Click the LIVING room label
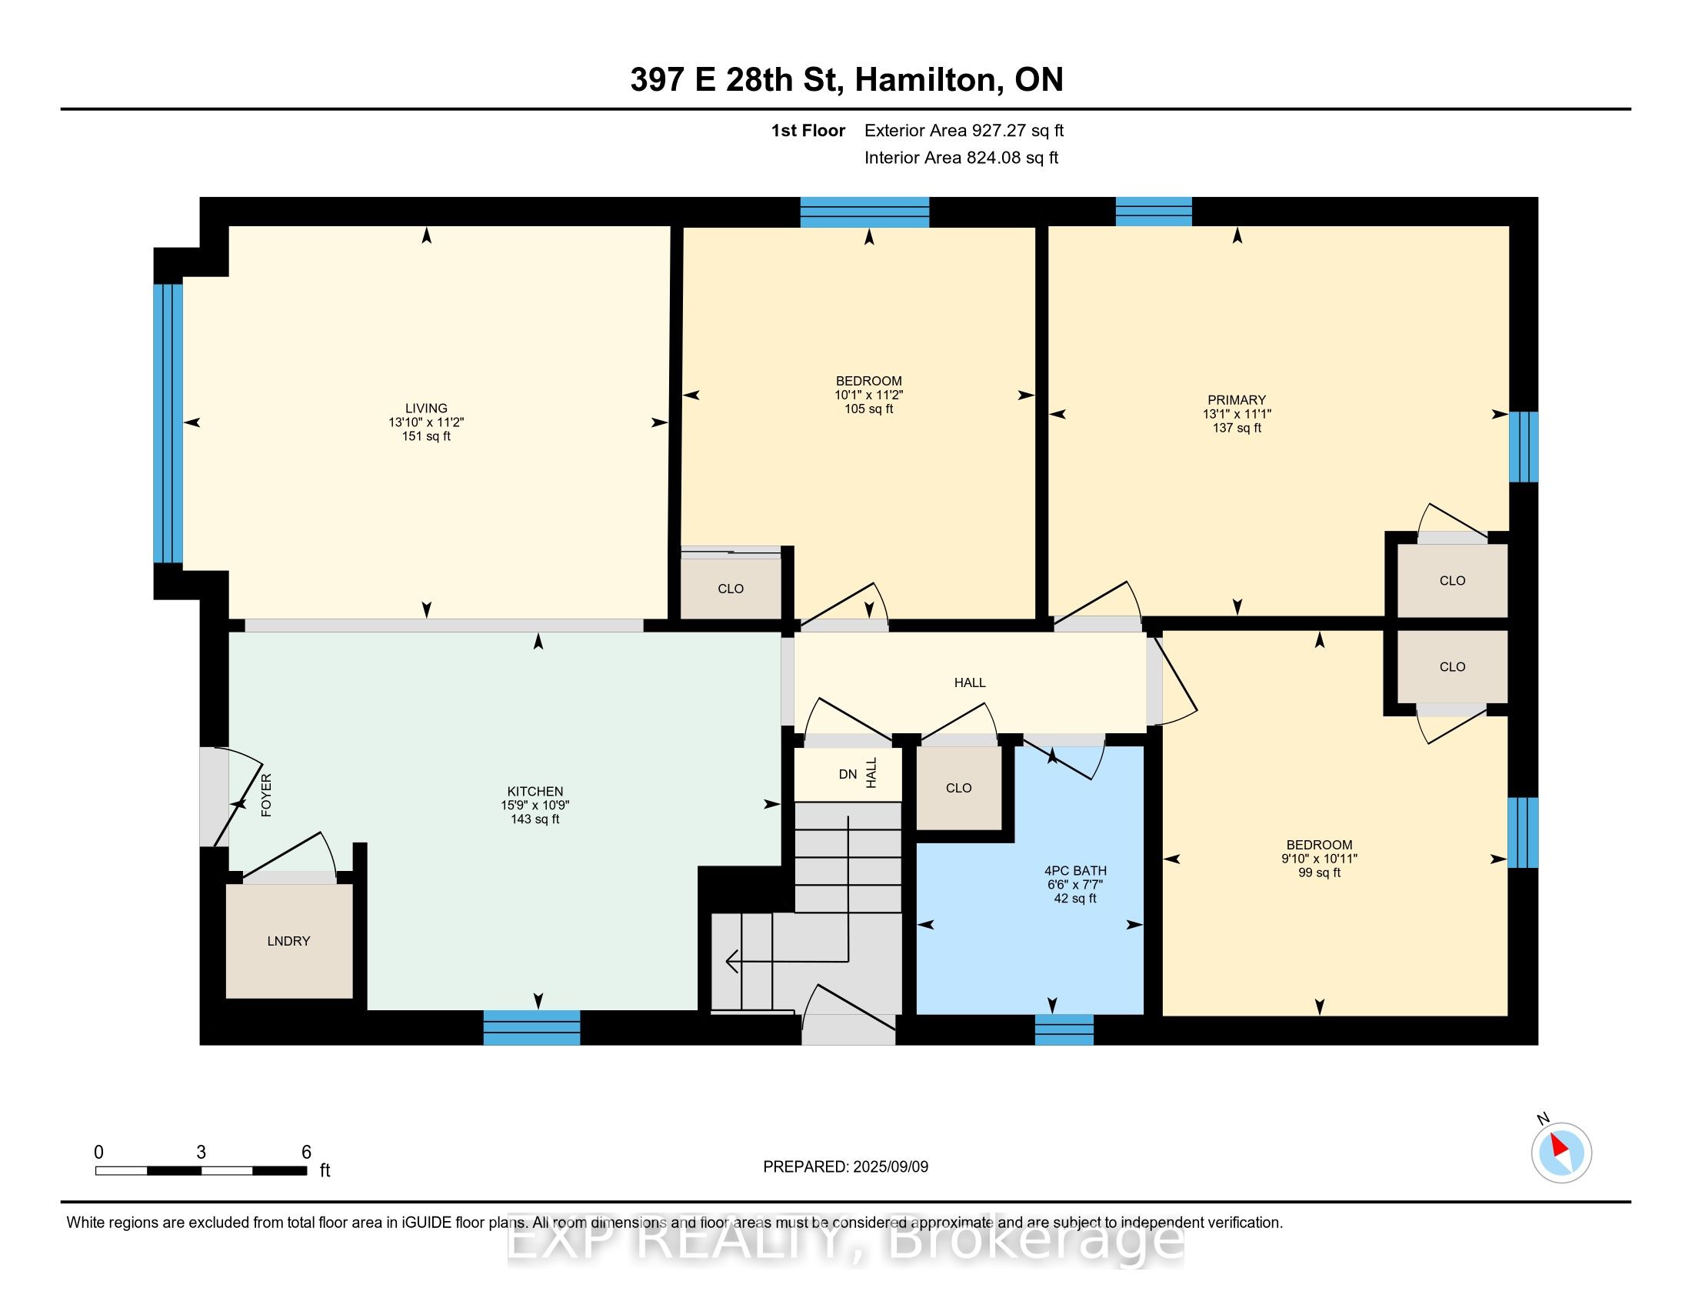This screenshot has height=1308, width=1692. (426, 408)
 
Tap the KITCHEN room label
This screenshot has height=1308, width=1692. (535, 791)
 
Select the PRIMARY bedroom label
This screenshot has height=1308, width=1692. (1237, 400)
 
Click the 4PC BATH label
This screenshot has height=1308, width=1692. (1075, 870)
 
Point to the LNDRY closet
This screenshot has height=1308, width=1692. (289, 941)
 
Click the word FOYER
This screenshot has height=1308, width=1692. (266, 795)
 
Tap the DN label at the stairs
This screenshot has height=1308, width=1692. (848, 774)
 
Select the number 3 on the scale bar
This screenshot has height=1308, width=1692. (202, 1152)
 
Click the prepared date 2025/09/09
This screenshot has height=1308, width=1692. (890, 1166)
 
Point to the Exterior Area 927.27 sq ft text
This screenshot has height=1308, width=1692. (964, 130)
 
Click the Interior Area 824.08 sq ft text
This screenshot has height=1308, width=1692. (961, 157)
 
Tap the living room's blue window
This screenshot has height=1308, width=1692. (168, 423)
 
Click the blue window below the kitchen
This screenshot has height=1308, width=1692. (531, 1027)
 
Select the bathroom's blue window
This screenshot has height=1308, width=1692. (1064, 1029)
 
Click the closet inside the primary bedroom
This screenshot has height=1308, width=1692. (1452, 580)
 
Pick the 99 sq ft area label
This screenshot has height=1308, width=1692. (1319, 873)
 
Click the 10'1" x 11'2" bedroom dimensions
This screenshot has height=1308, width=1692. (868, 395)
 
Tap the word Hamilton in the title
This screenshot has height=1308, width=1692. (925, 80)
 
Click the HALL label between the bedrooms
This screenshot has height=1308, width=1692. (969, 682)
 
